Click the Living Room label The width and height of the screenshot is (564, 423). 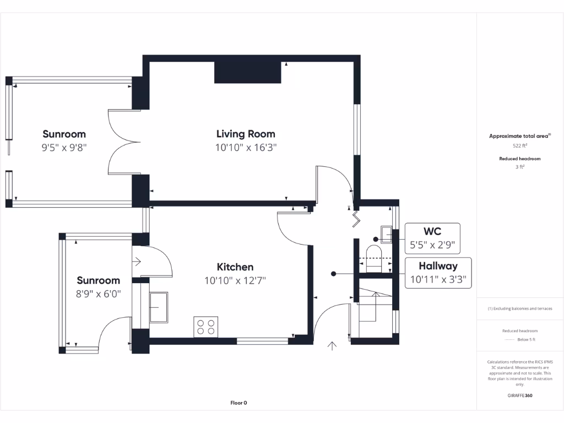(246, 134)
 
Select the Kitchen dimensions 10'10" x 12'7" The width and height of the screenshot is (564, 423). (235, 280)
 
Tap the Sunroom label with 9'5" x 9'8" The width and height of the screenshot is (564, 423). (64, 134)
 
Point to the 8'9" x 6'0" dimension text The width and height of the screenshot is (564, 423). (99, 294)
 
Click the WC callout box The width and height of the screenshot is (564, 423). (432, 237)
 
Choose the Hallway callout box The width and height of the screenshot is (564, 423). (438, 273)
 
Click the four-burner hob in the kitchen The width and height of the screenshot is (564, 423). (206, 326)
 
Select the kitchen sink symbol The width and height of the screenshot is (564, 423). (159, 307)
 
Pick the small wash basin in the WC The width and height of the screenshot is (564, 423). (386, 235)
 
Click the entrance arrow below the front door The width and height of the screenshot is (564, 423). (332, 346)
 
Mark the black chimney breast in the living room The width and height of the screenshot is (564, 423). (247, 72)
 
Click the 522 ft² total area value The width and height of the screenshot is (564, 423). (520, 146)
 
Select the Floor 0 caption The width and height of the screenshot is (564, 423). (238, 403)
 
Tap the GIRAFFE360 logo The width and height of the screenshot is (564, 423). (520, 395)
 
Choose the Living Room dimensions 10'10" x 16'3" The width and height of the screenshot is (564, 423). (246, 148)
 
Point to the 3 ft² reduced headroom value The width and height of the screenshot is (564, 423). (520, 167)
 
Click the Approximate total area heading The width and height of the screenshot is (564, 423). (520, 136)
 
